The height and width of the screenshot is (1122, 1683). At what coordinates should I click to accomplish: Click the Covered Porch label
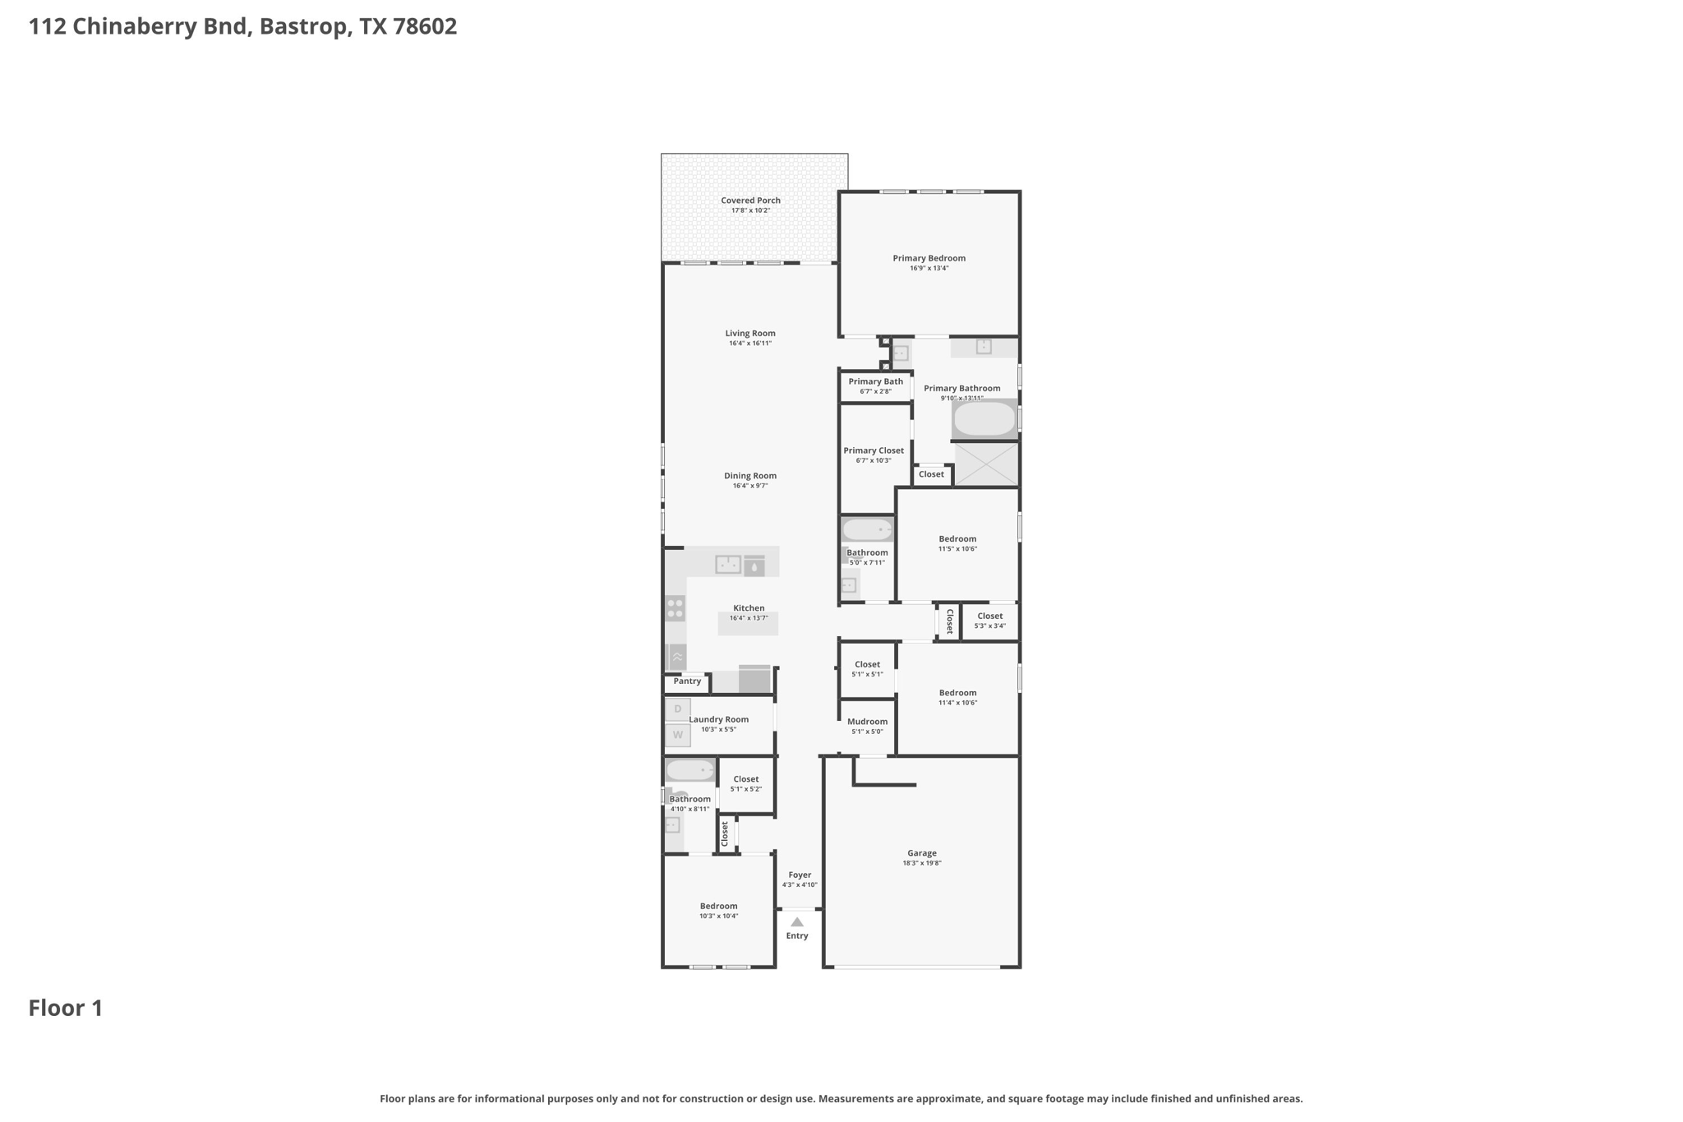pos(750,201)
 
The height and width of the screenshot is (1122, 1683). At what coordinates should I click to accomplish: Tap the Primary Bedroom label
pos(929,258)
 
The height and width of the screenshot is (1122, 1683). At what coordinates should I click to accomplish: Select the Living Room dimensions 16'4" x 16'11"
pos(749,344)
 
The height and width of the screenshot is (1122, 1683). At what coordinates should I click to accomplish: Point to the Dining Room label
pos(749,476)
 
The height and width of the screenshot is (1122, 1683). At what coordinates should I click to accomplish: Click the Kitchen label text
pos(749,608)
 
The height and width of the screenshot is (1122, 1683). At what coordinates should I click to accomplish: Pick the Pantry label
pos(687,681)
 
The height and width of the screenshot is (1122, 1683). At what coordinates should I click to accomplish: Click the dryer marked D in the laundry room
pos(678,709)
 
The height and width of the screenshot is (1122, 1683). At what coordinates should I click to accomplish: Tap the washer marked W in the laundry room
pos(678,735)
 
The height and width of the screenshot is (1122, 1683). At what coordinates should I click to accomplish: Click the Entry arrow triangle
pos(796,922)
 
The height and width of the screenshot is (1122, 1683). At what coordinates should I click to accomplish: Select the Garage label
pos(922,853)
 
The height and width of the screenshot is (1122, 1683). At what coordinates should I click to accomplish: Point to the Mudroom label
pos(867,722)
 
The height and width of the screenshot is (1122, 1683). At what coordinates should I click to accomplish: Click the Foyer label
pos(800,875)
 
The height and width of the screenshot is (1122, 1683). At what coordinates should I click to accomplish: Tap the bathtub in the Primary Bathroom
pos(984,419)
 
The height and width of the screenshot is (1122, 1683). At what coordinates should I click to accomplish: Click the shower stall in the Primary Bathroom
pos(986,464)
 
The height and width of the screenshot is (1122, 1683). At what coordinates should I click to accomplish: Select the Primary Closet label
pos(874,450)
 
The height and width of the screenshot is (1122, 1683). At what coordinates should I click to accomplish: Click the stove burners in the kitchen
pos(676,609)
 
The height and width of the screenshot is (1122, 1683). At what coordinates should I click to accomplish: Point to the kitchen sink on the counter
pos(728,565)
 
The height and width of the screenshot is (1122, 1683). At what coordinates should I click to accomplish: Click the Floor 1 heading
pos(66,1009)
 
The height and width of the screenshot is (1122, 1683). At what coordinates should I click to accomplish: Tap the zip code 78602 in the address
pos(425,26)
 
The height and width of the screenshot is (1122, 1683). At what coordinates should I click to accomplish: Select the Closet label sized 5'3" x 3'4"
pos(990,616)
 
